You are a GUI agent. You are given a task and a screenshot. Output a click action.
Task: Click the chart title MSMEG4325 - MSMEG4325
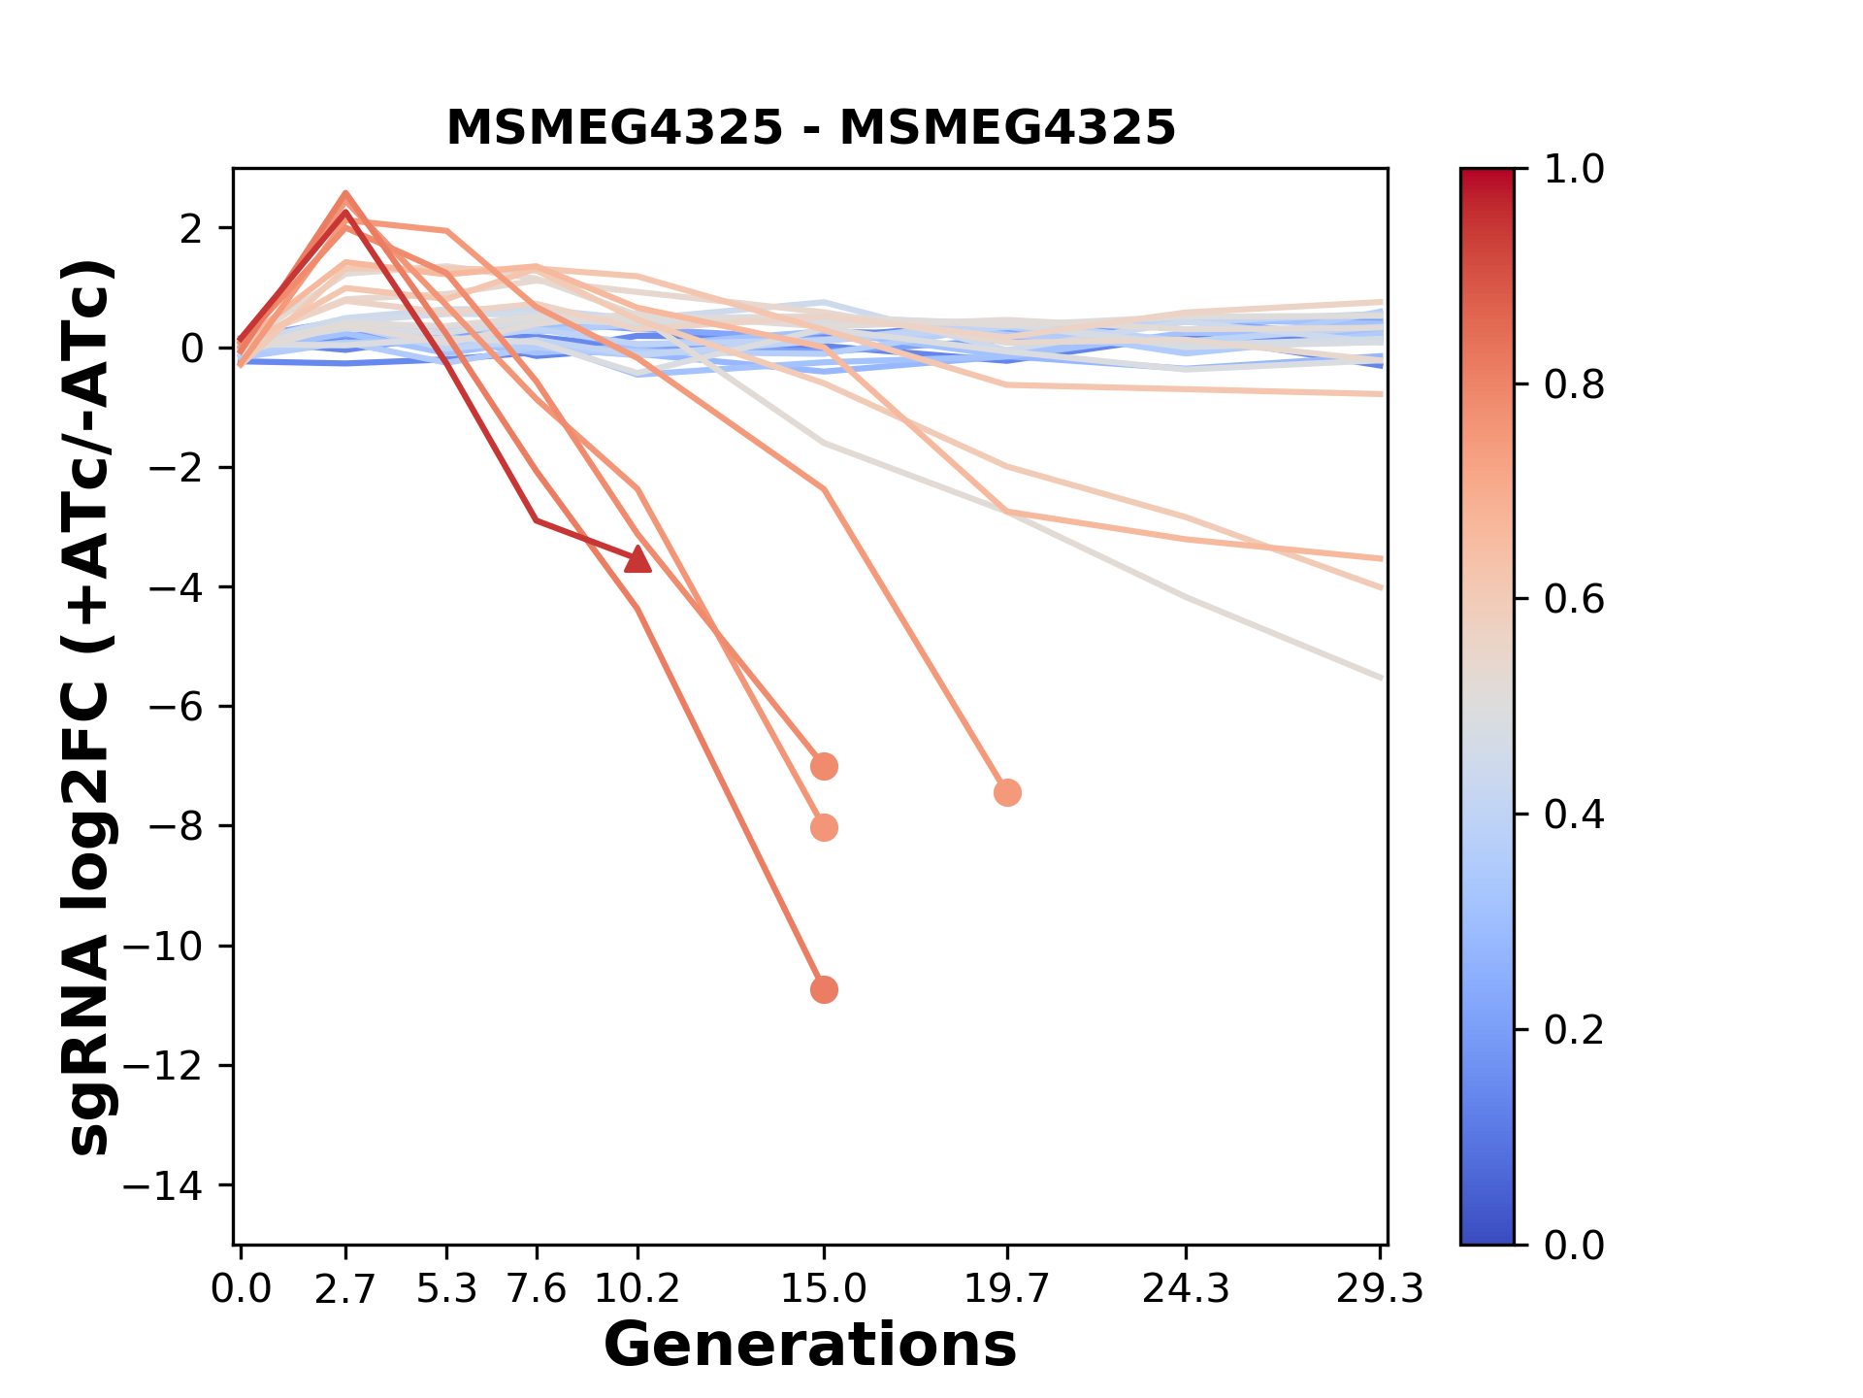click(x=810, y=127)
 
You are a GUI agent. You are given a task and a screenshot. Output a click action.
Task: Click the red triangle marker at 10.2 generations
click(x=637, y=559)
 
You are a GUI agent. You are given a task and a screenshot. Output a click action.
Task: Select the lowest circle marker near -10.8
click(x=824, y=990)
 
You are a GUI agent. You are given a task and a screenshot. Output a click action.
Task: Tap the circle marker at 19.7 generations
click(x=1007, y=793)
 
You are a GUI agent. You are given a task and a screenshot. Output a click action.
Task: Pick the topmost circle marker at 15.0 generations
click(x=824, y=767)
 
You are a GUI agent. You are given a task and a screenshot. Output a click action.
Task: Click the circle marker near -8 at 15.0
click(x=824, y=828)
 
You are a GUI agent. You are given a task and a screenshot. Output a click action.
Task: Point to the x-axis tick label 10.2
click(x=637, y=1289)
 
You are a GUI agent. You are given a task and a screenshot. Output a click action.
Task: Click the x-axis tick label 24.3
click(x=1186, y=1289)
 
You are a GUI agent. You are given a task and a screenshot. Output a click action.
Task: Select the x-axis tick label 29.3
click(x=1380, y=1289)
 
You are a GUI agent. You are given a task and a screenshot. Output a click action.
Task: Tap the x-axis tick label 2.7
click(x=345, y=1289)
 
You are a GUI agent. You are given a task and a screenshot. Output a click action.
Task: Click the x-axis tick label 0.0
click(x=242, y=1289)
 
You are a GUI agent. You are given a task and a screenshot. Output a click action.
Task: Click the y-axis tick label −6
click(x=188, y=707)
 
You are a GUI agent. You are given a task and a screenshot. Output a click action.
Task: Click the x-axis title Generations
click(x=810, y=1346)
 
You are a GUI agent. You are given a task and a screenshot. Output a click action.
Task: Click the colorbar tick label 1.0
click(x=1574, y=170)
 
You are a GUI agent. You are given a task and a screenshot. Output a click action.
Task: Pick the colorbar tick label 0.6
click(x=1574, y=600)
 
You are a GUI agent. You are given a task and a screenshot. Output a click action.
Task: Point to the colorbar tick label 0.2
click(x=1574, y=1030)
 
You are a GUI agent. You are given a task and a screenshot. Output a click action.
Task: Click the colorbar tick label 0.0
click(x=1574, y=1245)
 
